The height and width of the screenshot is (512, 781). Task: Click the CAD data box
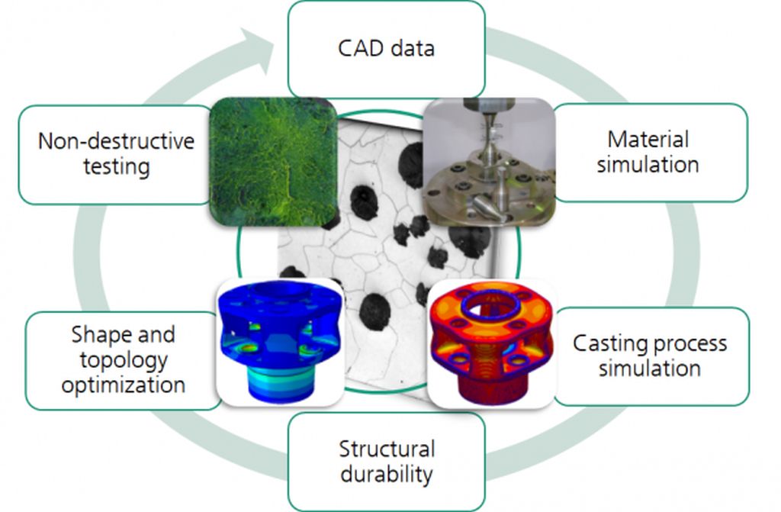tap(387, 49)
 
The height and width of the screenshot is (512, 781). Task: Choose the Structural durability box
tap(387, 461)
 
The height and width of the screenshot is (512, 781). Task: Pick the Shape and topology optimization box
tap(124, 360)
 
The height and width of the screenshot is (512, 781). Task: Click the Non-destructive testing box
tap(117, 155)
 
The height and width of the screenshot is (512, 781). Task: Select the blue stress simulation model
tap(281, 342)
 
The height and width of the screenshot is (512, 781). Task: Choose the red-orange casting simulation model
tap(491, 343)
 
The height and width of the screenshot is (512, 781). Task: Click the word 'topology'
tap(124, 360)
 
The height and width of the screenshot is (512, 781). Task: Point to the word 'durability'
tap(387, 474)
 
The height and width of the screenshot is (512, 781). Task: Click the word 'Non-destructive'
tap(116, 141)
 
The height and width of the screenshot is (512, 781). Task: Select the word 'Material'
tap(648, 139)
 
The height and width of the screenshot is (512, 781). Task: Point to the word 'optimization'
tap(124, 385)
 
